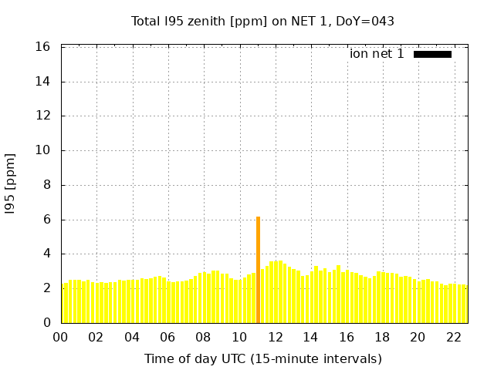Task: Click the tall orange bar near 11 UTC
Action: (x=258, y=270)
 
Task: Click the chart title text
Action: (x=262, y=21)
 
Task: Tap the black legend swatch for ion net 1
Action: (x=432, y=54)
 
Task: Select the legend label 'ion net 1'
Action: (x=377, y=54)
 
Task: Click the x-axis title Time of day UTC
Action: (x=262, y=358)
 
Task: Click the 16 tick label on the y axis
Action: (x=43, y=47)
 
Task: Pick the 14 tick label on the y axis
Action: (x=43, y=82)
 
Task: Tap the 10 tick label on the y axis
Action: (x=43, y=150)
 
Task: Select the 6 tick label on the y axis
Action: (x=46, y=220)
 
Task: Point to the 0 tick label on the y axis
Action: (x=46, y=323)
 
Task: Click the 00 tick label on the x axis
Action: (x=60, y=337)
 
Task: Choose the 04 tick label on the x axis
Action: (x=132, y=337)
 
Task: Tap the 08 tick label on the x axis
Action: (x=203, y=337)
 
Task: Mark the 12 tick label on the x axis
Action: (x=275, y=337)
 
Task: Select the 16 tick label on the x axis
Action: (x=346, y=337)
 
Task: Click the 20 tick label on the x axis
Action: (x=418, y=337)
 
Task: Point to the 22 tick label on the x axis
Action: (x=453, y=337)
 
